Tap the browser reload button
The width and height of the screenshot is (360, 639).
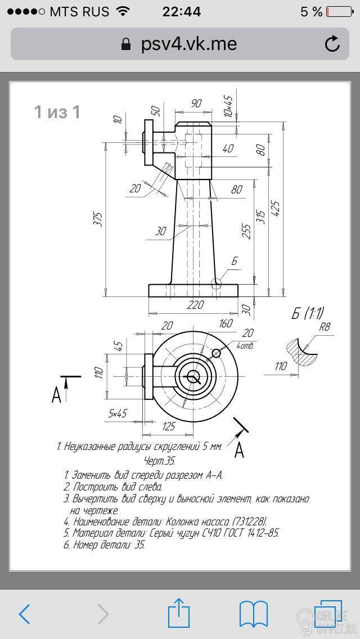(x=332, y=44)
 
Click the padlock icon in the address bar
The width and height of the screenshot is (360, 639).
(x=127, y=44)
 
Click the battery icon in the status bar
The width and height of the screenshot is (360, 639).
(x=339, y=12)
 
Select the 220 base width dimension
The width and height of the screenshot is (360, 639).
(x=196, y=305)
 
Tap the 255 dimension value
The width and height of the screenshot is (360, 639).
(x=246, y=231)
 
